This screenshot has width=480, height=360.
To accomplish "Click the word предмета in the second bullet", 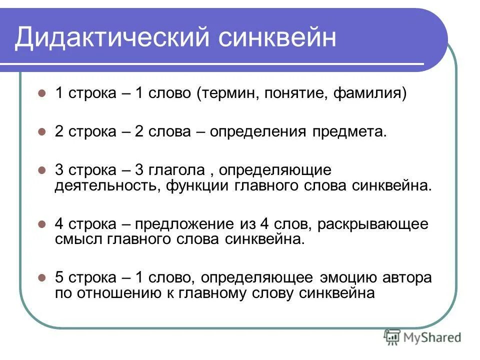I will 349,132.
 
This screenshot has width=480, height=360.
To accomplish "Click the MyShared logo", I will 422,337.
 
